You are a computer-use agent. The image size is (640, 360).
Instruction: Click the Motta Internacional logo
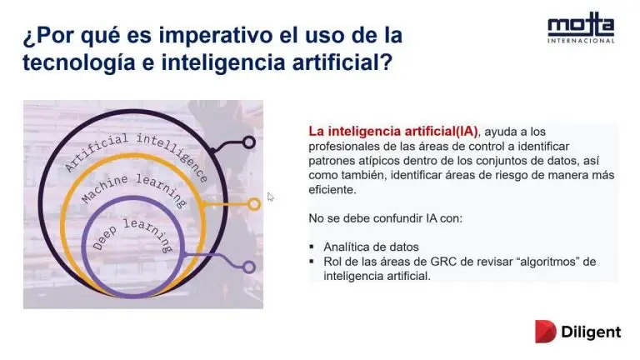pyautogui.click(x=581, y=27)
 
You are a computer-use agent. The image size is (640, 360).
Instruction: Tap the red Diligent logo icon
pyautogui.click(x=545, y=332)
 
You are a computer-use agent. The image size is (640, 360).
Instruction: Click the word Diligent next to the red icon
pyautogui.click(x=591, y=332)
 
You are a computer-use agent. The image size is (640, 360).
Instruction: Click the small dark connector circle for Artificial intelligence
pyautogui.click(x=248, y=142)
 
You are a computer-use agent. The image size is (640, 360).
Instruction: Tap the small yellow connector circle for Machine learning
pyautogui.click(x=254, y=204)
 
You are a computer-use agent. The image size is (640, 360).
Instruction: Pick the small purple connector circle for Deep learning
pyautogui.click(x=248, y=267)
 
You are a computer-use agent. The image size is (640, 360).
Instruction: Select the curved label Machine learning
pyautogui.click(x=134, y=189)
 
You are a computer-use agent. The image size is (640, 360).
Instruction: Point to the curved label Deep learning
pyautogui.click(x=133, y=234)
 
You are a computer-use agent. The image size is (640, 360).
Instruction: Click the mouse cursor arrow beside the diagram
pyautogui.click(x=270, y=197)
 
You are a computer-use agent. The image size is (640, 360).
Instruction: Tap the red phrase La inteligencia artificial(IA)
pyautogui.click(x=393, y=132)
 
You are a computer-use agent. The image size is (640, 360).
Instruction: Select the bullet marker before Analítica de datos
pyautogui.click(x=312, y=247)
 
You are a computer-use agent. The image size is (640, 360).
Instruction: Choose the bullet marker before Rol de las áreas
pyautogui.click(x=312, y=261)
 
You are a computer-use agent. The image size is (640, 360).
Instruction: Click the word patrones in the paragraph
pyautogui.click(x=331, y=161)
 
